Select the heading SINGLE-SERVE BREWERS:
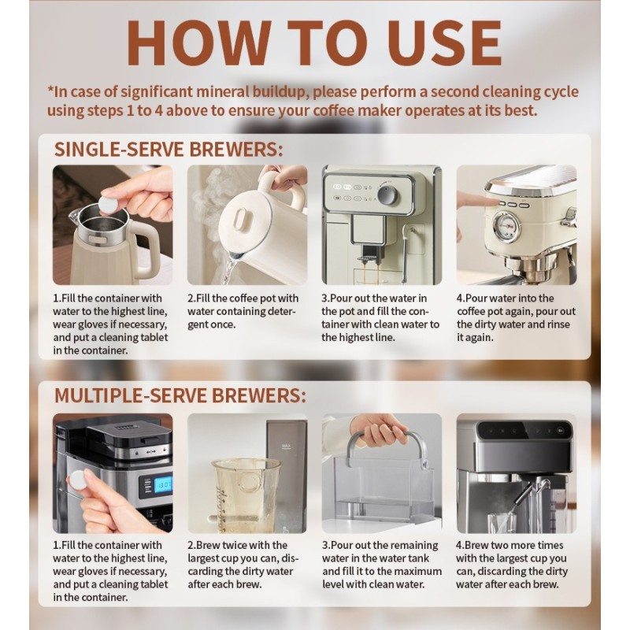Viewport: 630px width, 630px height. (168, 150)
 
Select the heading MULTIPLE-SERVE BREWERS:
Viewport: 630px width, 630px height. (180, 395)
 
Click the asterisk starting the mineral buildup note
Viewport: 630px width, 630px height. (52, 90)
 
